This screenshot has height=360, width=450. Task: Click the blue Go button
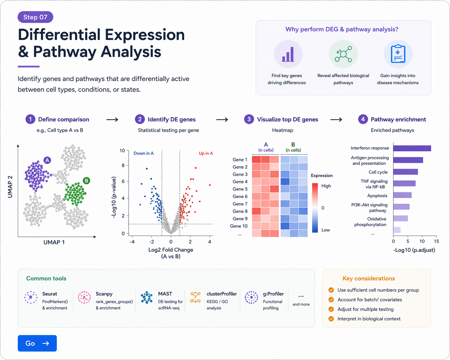[x=37, y=343]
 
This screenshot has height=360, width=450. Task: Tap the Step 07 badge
[x=35, y=17]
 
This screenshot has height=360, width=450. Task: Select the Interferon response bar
[x=412, y=148]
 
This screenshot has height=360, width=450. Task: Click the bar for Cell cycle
[x=405, y=172]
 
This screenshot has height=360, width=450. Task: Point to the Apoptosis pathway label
[x=377, y=196]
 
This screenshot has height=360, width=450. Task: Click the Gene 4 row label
[x=240, y=182]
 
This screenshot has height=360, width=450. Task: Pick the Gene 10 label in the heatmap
[x=239, y=226]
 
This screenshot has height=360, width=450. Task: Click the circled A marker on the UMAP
[x=47, y=160]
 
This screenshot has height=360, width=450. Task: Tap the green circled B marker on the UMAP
[x=86, y=181]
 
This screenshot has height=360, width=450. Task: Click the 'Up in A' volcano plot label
[x=206, y=153]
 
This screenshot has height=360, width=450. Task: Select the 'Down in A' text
[x=143, y=153]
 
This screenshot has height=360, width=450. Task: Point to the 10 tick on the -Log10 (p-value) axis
[x=122, y=150]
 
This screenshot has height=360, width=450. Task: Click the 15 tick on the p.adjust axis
[x=436, y=241]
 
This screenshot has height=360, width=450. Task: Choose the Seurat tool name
[x=49, y=294]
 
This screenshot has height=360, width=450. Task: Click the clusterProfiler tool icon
[x=195, y=297]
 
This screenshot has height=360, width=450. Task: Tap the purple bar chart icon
[x=288, y=54]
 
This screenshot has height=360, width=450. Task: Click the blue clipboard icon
[x=398, y=54]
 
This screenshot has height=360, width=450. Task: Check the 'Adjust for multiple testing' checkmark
[x=331, y=309]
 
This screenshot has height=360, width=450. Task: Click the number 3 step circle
[x=249, y=119]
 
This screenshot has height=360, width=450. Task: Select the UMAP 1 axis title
[x=54, y=242]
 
